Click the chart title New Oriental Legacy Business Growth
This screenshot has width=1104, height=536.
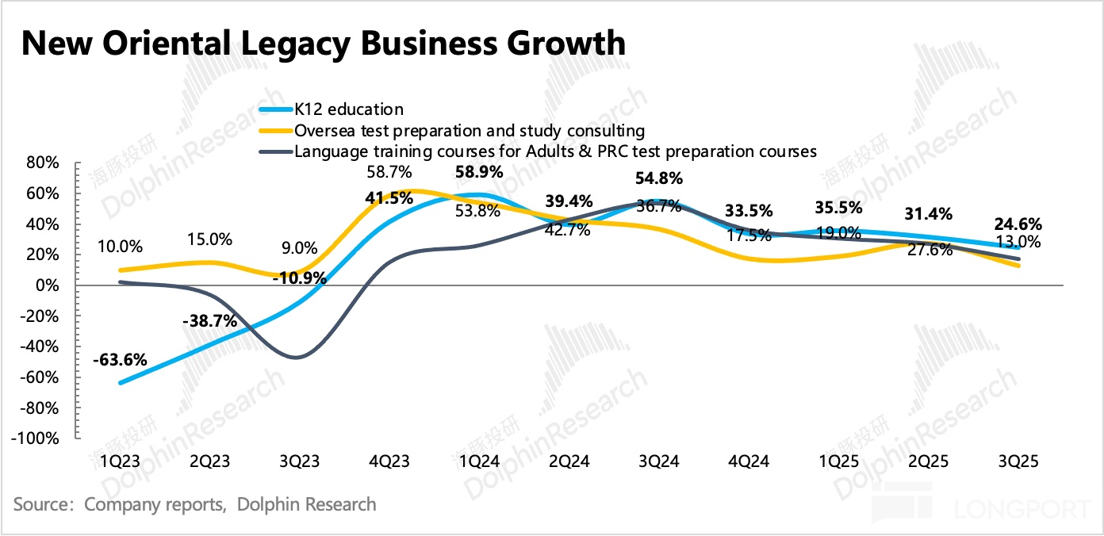[323, 44]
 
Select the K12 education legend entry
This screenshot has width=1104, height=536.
[348, 109]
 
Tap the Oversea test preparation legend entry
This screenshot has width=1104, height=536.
[469, 130]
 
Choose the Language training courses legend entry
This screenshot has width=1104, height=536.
[555, 151]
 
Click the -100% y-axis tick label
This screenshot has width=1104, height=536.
[37, 438]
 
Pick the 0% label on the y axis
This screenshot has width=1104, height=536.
[48, 285]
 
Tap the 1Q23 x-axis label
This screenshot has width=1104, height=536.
[119, 462]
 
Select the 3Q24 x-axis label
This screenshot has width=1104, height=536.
[657, 462]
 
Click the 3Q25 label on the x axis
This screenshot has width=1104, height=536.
[1018, 462]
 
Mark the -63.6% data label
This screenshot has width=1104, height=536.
[120, 360]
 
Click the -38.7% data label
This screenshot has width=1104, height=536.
[209, 322]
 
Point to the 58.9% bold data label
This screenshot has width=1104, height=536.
[479, 172]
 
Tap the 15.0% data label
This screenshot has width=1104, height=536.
[209, 239]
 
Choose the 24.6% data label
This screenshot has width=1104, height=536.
[1018, 224]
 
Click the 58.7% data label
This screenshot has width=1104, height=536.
[389, 171]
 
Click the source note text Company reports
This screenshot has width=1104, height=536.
[155, 504]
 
